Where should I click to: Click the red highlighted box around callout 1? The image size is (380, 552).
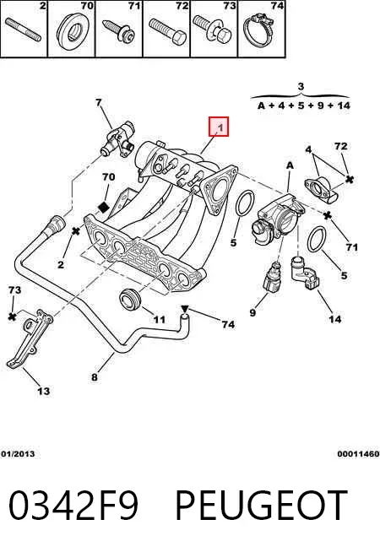click(219, 127)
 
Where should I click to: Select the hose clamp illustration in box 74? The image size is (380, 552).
click(260, 30)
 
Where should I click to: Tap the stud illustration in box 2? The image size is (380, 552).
click(24, 30)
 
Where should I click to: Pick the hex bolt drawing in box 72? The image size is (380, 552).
click(167, 31)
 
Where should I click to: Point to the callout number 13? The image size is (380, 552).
click(44, 391)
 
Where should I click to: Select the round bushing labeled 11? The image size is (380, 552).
click(130, 299)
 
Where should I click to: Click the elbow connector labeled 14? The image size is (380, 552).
click(303, 273)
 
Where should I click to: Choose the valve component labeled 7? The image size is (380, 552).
click(118, 141)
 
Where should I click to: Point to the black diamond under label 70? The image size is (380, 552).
click(104, 208)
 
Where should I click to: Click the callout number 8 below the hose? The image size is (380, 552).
click(94, 377)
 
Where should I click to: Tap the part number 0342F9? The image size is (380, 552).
click(73, 506)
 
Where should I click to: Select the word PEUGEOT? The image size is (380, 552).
click(261, 506)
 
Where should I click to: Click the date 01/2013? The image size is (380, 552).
click(18, 454)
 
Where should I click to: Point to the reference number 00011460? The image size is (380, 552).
click(358, 454)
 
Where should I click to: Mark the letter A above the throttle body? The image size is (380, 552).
click(290, 165)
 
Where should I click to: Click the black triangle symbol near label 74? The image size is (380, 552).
click(185, 309)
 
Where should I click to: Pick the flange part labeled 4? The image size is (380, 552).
click(321, 190)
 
